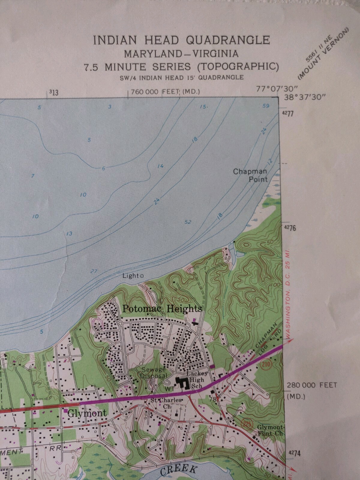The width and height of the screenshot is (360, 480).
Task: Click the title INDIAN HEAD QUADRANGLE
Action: coord(181,40)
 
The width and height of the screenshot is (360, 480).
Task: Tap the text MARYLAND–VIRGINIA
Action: coord(181,54)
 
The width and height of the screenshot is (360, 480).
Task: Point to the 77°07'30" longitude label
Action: coord(277,89)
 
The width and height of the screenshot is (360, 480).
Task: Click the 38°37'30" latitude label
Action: coord(304,97)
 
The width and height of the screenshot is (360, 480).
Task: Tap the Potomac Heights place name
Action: coord(162,309)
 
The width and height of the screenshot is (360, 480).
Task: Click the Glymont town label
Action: coord(87,413)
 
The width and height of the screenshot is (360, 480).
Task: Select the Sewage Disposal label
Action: coord(153,373)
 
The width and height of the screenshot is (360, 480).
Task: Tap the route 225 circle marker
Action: coord(245,424)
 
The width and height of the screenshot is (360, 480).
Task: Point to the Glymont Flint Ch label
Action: coord(270,430)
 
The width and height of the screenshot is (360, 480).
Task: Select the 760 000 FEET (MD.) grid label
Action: coord(165,92)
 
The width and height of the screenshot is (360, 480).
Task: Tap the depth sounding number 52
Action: coord(188,222)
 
